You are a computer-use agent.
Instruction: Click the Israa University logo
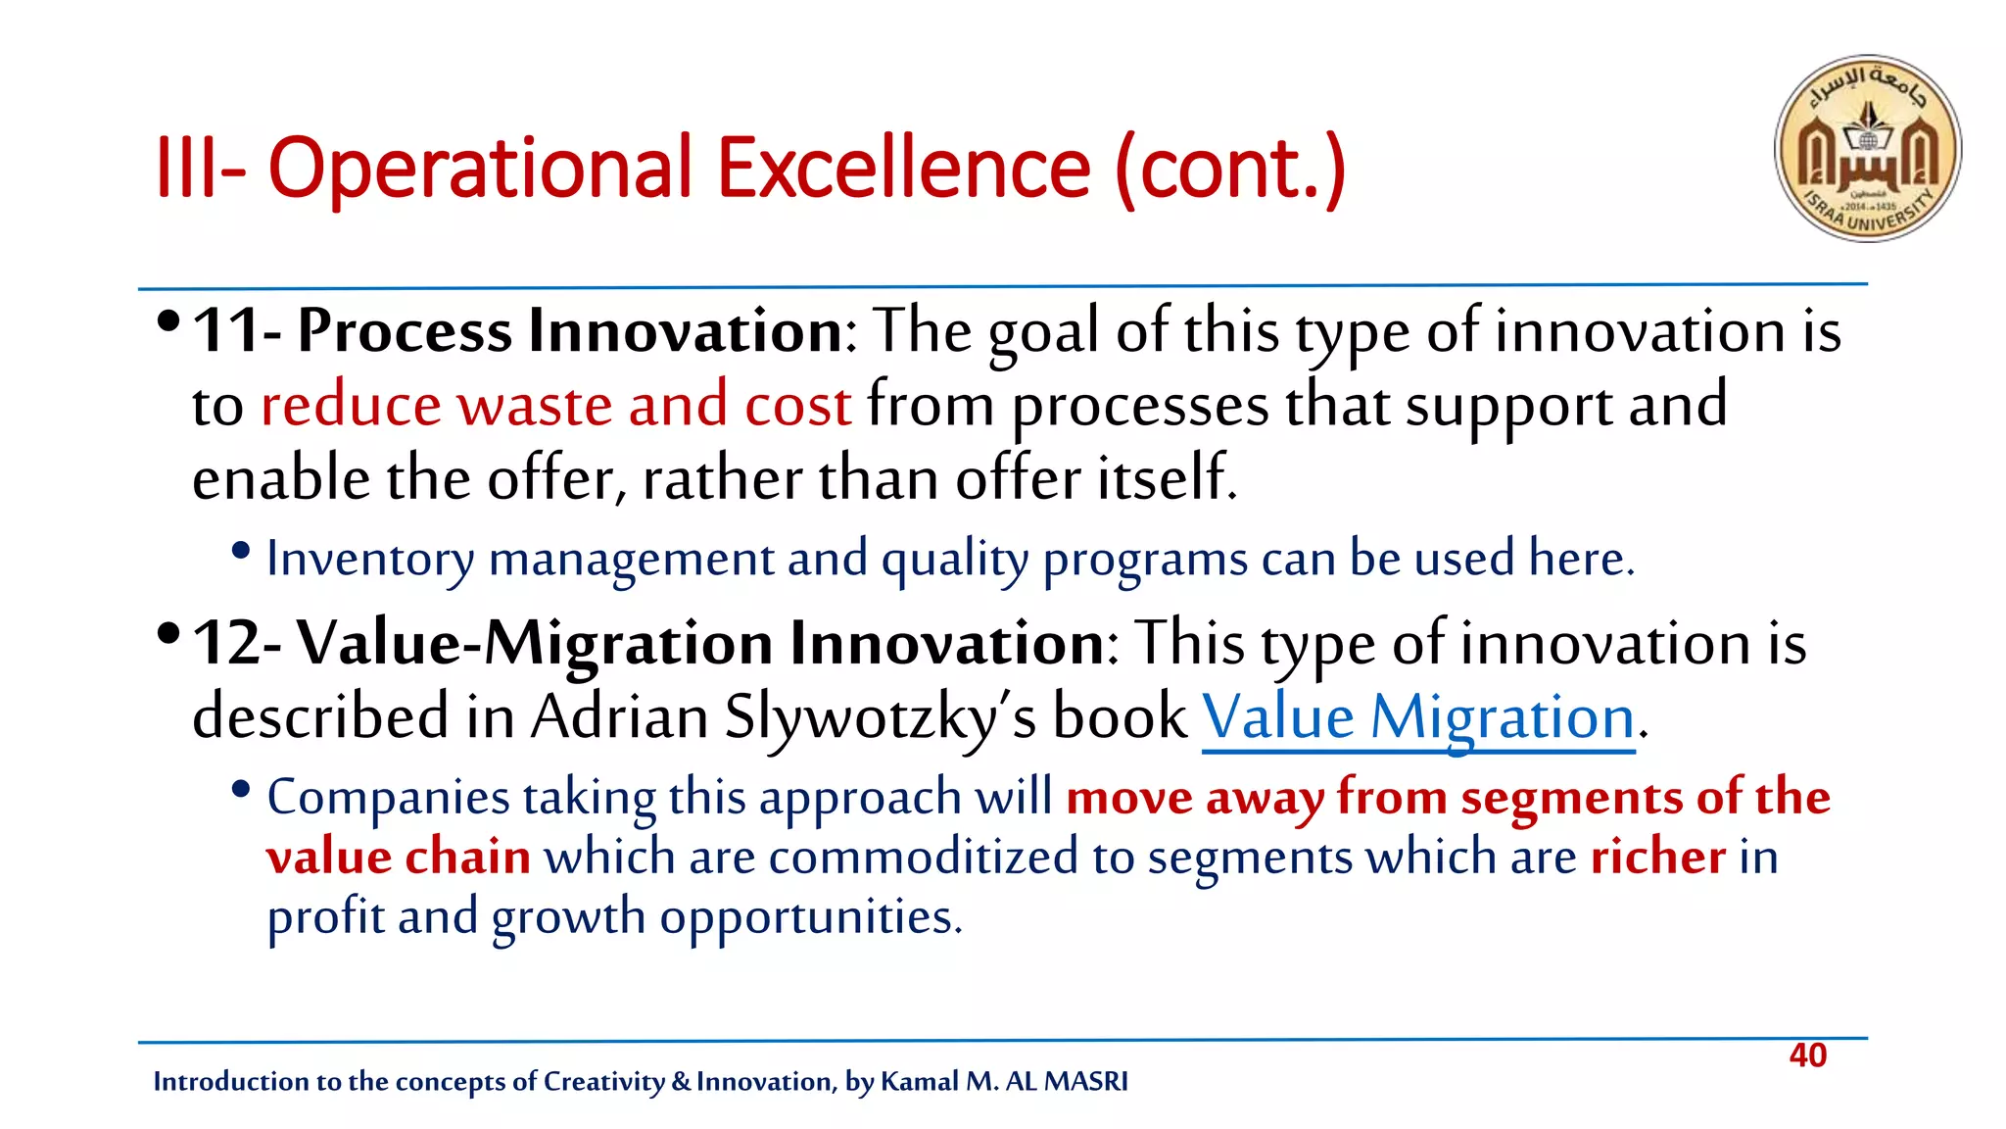tap(1867, 148)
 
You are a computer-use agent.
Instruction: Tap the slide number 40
tap(1807, 1055)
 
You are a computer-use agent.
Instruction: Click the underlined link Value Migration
tap(1417, 717)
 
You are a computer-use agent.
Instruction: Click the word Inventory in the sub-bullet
tap(370, 559)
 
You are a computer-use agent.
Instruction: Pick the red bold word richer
tap(1657, 857)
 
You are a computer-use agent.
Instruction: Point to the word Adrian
tap(619, 717)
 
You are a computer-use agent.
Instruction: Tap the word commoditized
tap(923, 857)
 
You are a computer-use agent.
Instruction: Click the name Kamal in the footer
tap(919, 1081)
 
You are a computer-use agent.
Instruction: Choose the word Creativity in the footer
tap(603, 1081)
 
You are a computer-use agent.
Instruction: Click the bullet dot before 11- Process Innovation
tap(168, 321)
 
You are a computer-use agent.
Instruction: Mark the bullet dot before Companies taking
tap(241, 789)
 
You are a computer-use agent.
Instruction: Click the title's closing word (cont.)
tap(1230, 170)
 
